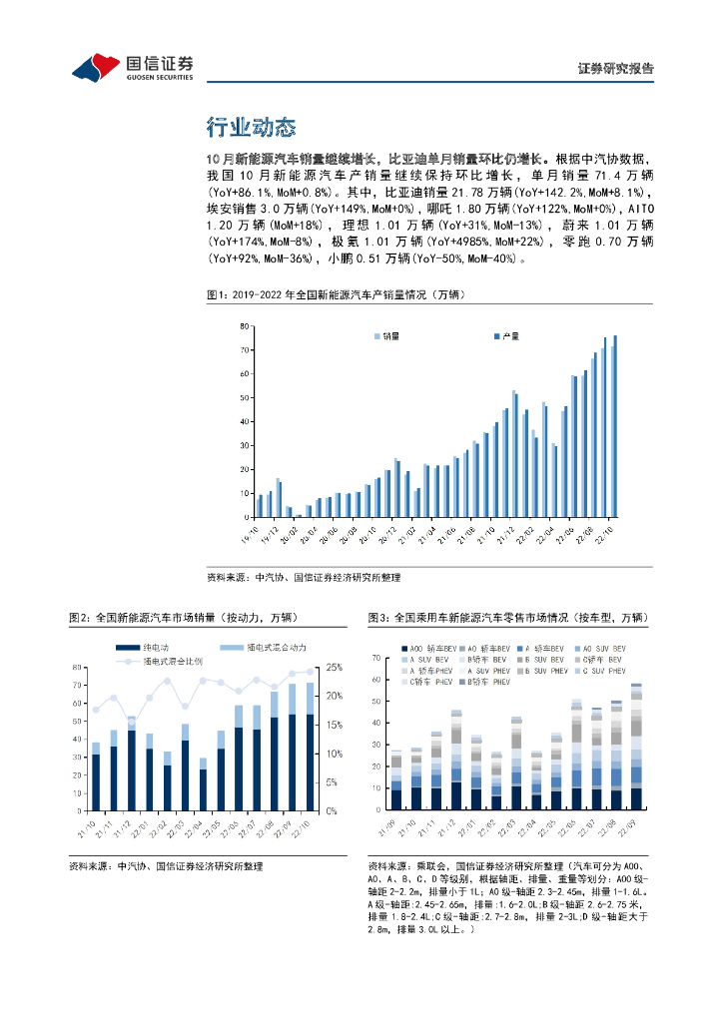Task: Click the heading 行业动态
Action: tap(251, 128)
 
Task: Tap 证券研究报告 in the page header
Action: tap(616, 69)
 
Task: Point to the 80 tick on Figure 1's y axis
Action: tap(243, 326)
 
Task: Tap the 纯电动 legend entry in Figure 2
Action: tap(146, 648)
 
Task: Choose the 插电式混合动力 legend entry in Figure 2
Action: tap(258, 648)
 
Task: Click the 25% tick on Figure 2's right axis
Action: tap(335, 667)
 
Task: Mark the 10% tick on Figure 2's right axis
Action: tap(335, 754)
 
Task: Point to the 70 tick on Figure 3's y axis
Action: tap(374, 659)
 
